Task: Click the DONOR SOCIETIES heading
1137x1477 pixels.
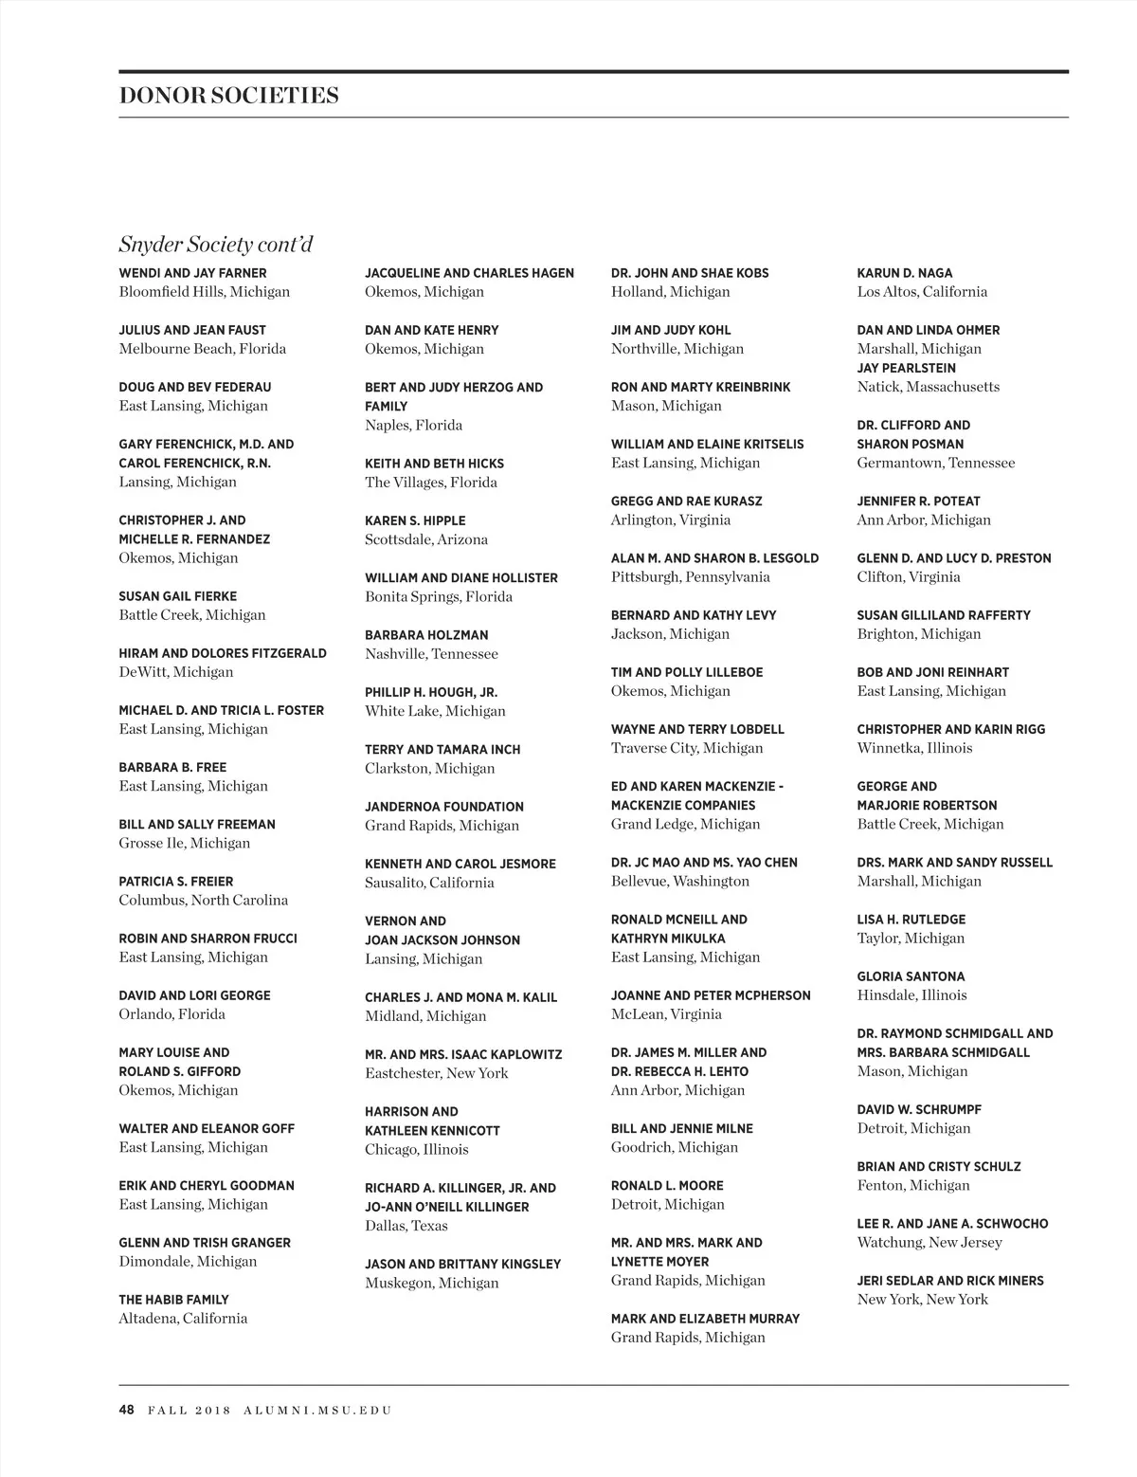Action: pyautogui.click(x=228, y=96)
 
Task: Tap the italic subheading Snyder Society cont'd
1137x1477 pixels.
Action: pyautogui.click(x=215, y=245)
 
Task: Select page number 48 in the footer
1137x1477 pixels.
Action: pyautogui.click(x=126, y=1410)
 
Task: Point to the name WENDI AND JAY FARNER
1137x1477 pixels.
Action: pyautogui.click(x=192, y=273)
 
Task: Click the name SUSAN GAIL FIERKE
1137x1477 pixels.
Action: pyautogui.click(x=177, y=596)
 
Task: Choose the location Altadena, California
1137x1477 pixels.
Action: pyautogui.click(x=183, y=1319)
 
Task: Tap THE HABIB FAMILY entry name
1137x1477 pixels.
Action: pyautogui.click(x=173, y=1300)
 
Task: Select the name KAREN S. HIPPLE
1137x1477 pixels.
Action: pyautogui.click(x=415, y=520)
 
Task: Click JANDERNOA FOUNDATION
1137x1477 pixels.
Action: pyautogui.click(x=443, y=807)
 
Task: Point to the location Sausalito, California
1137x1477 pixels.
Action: pyautogui.click(x=429, y=883)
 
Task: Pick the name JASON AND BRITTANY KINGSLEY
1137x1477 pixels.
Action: pyautogui.click(x=462, y=1264)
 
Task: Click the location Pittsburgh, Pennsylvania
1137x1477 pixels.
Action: pyautogui.click(x=690, y=577)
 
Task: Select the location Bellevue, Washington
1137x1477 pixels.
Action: pyautogui.click(x=679, y=882)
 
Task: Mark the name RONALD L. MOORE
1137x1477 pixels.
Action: pyautogui.click(x=666, y=1186)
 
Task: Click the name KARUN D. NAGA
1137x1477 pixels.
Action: pyautogui.click(x=904, y=273)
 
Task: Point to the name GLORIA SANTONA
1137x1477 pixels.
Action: pyautogui.click(x=911, y=976)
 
